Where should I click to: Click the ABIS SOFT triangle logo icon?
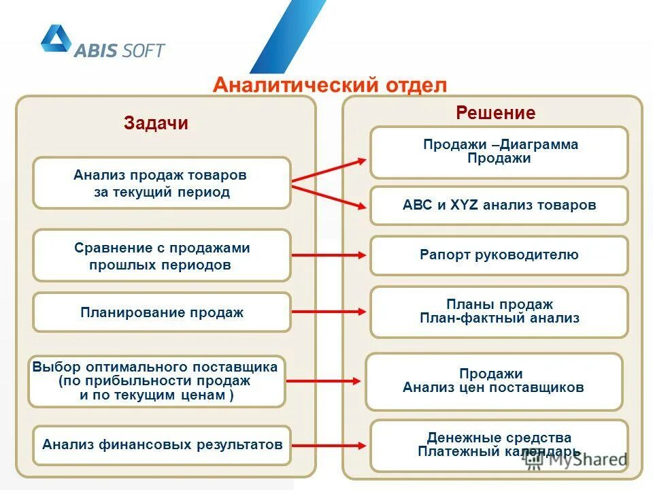[56, 39]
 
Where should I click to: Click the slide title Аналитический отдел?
[330, 86]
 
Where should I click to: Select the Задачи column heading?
[156, 123]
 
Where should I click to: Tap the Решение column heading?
[495, 113]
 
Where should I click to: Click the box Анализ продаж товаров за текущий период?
[162, 183]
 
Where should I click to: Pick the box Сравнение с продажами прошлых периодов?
[162, 256]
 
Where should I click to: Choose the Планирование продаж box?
[162, 312]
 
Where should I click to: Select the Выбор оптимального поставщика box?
[156, 381]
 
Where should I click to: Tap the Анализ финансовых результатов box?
[162, 445]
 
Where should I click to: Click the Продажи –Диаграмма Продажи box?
[499, 152]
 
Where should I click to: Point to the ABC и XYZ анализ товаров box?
[499, 205]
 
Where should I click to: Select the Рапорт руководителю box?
[499, 255]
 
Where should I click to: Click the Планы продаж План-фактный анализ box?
[499, 311]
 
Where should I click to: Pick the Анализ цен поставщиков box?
[494, 381]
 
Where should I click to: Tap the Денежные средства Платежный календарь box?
[499, 445]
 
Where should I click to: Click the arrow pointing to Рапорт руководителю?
[330, 256]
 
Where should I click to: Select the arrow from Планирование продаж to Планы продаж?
[330, 312]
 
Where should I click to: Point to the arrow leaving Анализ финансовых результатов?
[330, 445]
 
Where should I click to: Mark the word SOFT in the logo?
[143, 50]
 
